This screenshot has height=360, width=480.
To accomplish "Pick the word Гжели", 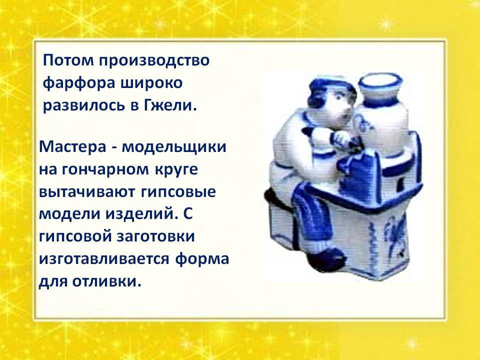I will [x=170, y=106].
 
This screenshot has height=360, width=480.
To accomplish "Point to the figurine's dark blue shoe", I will [x=320, y=261].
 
